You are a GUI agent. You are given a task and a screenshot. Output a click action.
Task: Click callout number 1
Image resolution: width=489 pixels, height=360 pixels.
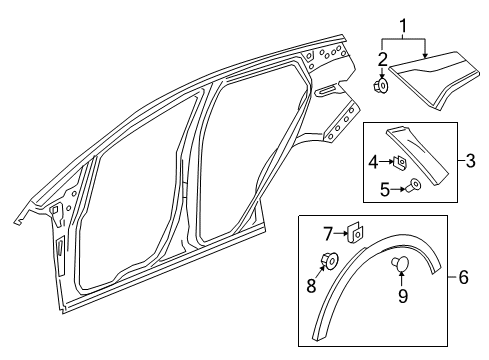pyautogui.click(x=403, y=23)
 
